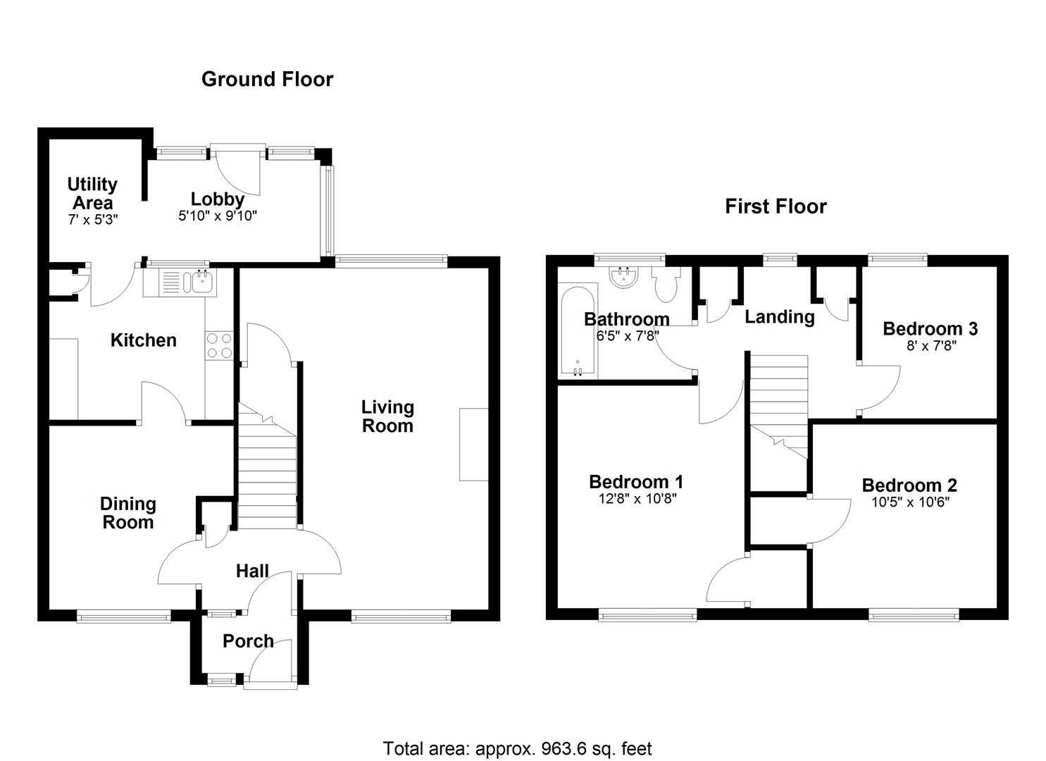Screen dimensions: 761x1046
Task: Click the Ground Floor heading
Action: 267,79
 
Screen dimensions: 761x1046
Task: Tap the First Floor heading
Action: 776,206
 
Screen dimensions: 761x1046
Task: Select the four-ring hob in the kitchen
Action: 218,345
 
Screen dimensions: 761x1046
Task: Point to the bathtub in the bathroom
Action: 578,330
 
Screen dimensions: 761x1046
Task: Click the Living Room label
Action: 387,416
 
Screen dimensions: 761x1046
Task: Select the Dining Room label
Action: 127,513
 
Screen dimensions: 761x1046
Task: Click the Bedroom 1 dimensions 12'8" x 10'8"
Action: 636,499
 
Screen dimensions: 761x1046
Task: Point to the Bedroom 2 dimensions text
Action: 909,502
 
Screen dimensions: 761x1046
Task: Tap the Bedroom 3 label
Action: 930,328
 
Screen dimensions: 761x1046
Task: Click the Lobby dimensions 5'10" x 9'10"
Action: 218,216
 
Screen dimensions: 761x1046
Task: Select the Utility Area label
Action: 92,193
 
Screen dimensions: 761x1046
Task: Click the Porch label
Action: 248,641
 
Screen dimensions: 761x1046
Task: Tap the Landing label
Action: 779,317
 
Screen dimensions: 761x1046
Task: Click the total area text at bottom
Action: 517,748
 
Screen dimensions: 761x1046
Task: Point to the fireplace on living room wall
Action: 473,444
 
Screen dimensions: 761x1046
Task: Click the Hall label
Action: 252,571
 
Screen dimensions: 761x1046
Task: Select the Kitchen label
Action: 143,340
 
